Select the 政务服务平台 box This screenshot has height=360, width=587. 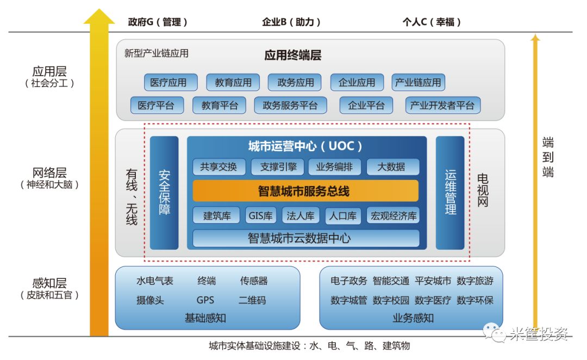click(290, 105)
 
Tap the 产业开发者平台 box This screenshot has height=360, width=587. click(442, 105)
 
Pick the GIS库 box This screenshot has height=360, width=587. click(261, 216)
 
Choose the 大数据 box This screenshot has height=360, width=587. click(391, 167)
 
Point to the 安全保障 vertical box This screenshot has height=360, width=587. click(164, 193)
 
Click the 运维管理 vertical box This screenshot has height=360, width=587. click(450, 193)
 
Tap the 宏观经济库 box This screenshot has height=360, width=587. click(394, 216)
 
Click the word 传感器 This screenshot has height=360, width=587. click(254, 281)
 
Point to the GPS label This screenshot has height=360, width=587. click(205, 300)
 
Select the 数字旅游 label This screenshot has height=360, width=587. click(475, 281)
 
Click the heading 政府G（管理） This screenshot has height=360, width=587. click(158, 22)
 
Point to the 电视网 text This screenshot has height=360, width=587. click(483, 191)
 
